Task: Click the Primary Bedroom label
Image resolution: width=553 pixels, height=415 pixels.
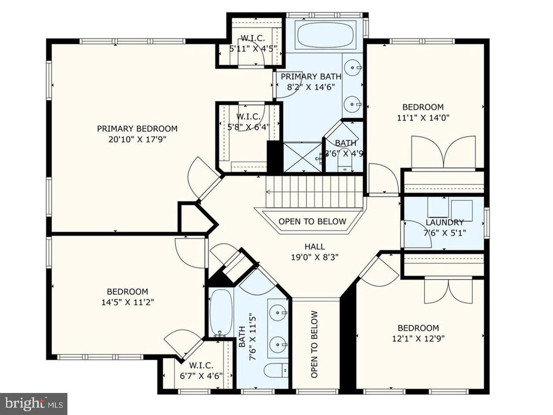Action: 137,128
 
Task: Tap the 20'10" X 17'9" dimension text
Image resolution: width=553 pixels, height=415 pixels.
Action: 137,139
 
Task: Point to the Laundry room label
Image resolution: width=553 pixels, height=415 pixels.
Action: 444,222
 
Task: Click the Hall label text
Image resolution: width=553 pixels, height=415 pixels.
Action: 315,246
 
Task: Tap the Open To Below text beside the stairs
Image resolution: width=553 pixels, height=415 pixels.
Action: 312,222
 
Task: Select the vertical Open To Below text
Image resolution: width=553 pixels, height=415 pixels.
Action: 315,345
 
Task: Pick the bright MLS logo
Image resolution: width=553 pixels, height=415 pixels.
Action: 33,404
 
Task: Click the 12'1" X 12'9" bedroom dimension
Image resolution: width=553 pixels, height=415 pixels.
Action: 418,338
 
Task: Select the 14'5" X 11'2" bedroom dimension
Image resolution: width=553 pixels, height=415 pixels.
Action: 127,302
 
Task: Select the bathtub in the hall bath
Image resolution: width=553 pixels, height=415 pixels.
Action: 221,313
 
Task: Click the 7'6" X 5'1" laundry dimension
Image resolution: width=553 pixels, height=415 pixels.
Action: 444,232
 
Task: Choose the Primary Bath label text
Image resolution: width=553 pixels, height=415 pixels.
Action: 311,77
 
